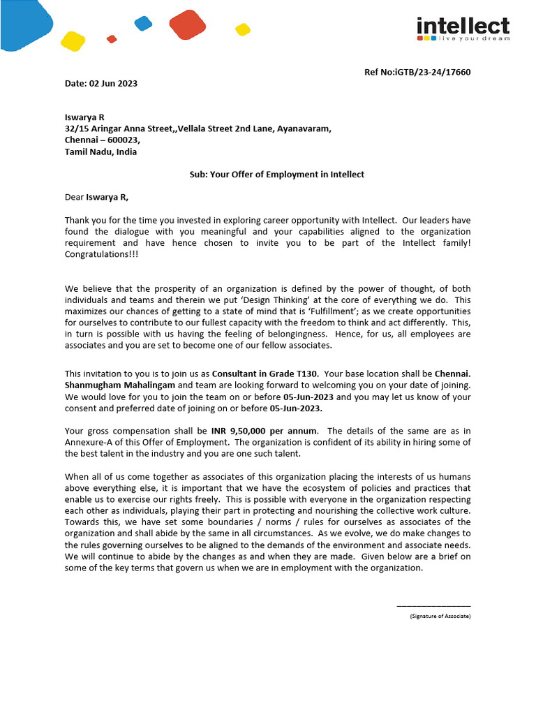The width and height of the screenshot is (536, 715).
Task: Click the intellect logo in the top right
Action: click(x=463, y=29)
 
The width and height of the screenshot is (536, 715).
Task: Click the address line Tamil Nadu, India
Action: click(x=100, y=152)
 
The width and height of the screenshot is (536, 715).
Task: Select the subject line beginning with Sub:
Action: click(x=276, y=175)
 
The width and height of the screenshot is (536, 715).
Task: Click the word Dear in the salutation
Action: click(x=74, y=197)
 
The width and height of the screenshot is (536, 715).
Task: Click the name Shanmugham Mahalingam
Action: click(x=120, y=385)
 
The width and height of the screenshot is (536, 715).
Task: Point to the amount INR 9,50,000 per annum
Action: click(x=269, y=431)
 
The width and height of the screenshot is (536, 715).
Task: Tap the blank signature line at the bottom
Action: click(x=433, y=606)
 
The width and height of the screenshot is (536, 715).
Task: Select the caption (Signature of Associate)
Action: click(x=440, y=616)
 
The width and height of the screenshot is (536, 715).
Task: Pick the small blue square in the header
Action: click(x=143, y=23)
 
